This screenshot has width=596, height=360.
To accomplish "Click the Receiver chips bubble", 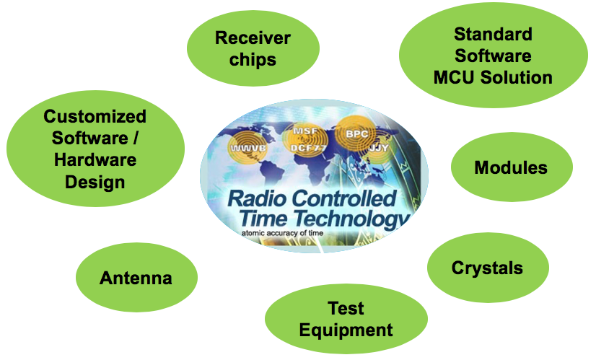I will [x=252, y=48].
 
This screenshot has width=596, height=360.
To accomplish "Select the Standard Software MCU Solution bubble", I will [x=493, y=56].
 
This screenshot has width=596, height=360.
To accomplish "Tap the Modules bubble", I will [x=511, y=168].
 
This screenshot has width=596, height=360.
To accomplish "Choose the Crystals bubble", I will [x=487, y=268].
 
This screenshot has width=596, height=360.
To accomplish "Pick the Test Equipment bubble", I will [x=346, y=320].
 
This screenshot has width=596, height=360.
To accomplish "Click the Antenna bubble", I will [x=136, y=278].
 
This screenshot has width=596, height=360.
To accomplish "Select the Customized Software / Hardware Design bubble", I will [x=95, y=149].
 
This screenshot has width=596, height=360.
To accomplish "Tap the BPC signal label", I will [x=356, y=134].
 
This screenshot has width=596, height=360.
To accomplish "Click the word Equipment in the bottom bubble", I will [x=346, y=330].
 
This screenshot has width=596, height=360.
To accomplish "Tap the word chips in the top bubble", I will [x=253, y=59].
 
